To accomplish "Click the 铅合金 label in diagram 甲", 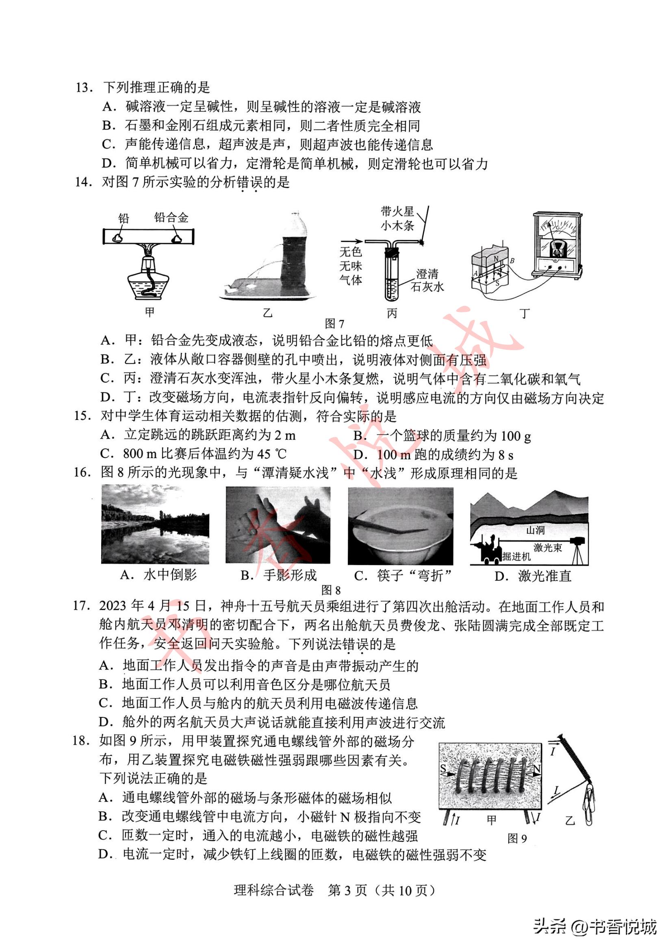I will (x=171, y=218).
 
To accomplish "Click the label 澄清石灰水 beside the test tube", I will (x=427, y=280).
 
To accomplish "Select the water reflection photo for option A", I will (x=155, y=525).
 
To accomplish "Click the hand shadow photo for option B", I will (x=277, y=525).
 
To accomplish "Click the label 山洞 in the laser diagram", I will (x=535, y=530).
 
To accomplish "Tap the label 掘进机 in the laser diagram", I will (x=516, y=557).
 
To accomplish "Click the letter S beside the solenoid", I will (x=443, y=769).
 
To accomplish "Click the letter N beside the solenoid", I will (x=537, y=769).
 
